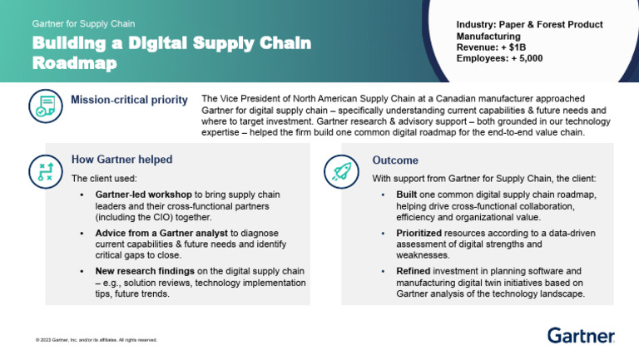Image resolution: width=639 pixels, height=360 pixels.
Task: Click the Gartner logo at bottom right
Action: point(581,335)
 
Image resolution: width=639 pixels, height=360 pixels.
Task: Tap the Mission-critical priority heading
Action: point(129,101)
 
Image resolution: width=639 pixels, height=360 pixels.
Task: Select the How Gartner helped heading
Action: point(121,160)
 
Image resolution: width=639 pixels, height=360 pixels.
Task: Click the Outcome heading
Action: point(395,160)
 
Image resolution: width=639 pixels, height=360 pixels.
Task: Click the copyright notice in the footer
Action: point(96,339)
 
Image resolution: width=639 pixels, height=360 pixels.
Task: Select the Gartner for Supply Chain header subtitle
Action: point(83,23)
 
